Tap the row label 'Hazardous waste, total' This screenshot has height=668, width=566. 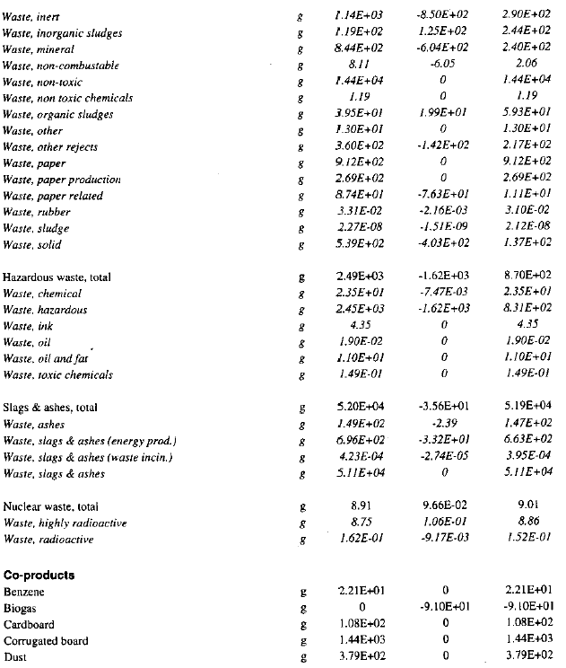click(x=57, y=277)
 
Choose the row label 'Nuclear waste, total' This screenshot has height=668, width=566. click(x=50, y=506)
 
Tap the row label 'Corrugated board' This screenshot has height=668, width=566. click(x=44, y=640)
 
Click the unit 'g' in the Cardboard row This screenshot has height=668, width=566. click(x=304, y=624)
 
